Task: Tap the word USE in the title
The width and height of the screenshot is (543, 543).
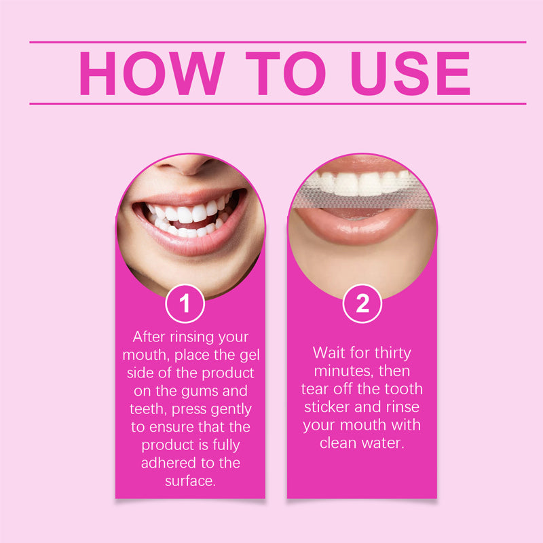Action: pos(411,73)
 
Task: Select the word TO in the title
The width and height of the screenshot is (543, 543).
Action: pos(286,73)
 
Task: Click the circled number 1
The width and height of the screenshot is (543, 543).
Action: pos(185,303)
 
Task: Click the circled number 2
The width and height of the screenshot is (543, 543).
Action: pos(362,303)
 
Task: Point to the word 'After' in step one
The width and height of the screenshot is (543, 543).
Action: pos(149,337)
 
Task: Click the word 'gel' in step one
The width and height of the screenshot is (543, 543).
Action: pos(249,355)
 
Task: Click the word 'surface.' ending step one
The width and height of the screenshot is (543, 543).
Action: pos(191,481)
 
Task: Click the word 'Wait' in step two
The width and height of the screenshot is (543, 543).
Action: pos(329,353)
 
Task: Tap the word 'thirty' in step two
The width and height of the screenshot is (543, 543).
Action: pos(393,354)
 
